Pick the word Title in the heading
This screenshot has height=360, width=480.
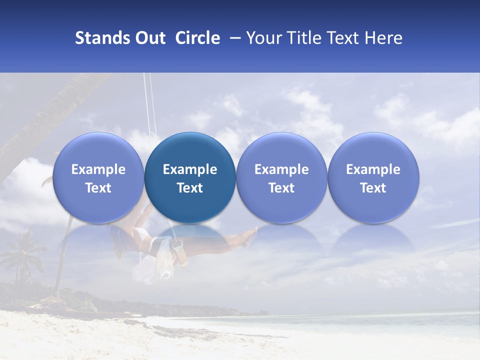(304, 38)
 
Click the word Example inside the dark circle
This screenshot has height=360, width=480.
(190, 169)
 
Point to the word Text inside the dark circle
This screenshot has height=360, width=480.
(190, 188)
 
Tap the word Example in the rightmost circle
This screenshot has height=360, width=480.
(373, 169)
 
